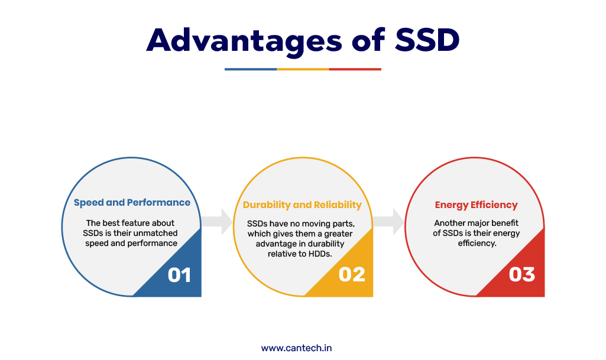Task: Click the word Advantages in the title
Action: [x=244, y=41]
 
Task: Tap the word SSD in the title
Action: [x=427, y=40]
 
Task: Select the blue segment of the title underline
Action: [x=251, y=69]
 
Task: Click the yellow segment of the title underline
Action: [x=303, y=69]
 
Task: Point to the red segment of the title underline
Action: [x=355, y=69]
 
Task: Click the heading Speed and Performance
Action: [x=132, y=203]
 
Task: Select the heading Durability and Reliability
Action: [x=302, y=205]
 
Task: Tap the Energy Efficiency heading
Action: [x=476, y=205]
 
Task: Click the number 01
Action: [x=179, y=275]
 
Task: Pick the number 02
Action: [x=352, y=275]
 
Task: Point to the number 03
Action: [x=521, y=275]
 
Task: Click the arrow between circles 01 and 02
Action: [x=217, y=221]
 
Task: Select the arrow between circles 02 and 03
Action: [x=388, y=221]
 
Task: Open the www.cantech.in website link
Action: [x=296, y=348]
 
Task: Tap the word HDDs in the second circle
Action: [x=320, y=254]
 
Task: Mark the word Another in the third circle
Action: [x=448, y=223]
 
